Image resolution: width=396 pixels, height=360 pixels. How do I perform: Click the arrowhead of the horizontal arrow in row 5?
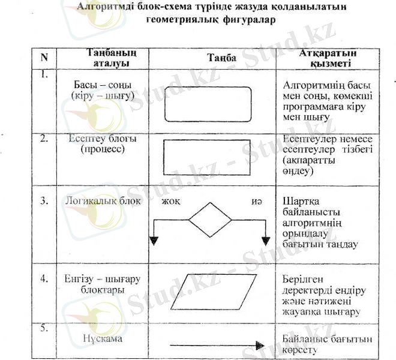(x=260, y=346)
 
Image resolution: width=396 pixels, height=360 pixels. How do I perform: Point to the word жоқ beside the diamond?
(x=170, y=202)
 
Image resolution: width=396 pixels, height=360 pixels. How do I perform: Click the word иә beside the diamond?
(x=257, y=202)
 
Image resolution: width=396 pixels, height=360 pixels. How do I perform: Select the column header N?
(x=44, y=58)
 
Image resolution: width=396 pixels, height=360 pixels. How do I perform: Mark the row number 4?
(x=44, y=279)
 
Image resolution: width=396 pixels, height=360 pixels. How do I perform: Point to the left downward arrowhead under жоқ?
(x=154, y=241)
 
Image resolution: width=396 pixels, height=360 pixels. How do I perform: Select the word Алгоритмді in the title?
(x=110, y=7)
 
